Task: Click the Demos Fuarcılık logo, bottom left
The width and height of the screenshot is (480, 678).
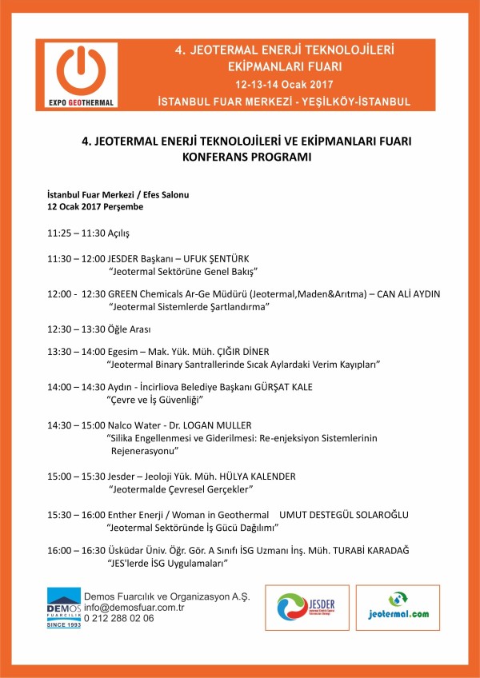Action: pyautogui.click(x=63, y=608)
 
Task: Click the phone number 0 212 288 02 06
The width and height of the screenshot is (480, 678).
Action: pyautogui.click(x=119, y=618)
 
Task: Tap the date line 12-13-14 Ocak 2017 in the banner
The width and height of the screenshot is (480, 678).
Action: pyautogui.click(x=284, y=84)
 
